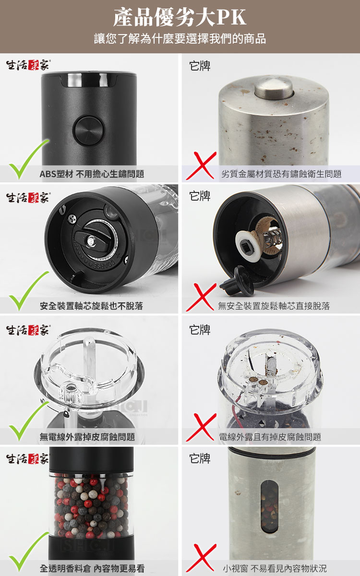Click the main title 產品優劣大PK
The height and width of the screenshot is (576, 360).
pos(180,17)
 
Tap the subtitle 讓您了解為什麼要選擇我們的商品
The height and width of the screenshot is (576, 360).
pos(180,38)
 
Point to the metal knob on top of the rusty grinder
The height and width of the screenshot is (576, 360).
pos(274,88)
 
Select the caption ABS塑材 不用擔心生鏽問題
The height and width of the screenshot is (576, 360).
pos(92,174)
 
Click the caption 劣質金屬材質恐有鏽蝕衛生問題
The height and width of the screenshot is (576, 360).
pos(281,174)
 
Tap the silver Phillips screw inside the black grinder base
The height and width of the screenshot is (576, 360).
pos(72,219)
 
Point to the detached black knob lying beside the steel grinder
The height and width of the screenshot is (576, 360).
pos(237,281)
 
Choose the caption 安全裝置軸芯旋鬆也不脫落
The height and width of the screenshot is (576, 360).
pos(91,306)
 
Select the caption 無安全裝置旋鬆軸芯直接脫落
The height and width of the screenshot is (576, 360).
pos(274,306)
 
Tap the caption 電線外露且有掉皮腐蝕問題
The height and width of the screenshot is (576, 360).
pos(270,437)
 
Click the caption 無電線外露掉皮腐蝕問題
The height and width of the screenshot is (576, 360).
pos(87,437)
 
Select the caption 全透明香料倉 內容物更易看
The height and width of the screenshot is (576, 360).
pos(92,568)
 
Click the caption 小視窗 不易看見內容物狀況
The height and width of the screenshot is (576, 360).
pos(275,568)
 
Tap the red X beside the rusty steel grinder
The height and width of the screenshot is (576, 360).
pos(201,166)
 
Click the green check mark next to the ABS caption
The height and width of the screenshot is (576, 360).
pos(29,159)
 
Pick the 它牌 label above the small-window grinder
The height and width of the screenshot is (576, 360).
pos(200,458)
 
